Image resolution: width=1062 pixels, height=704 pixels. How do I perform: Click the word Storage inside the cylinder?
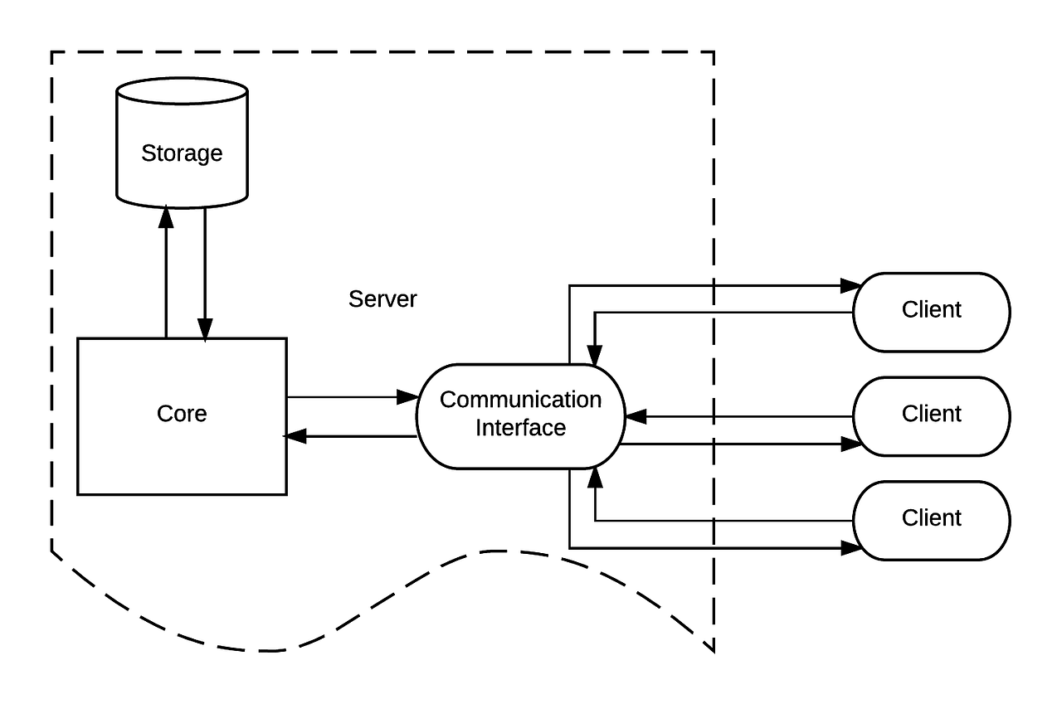[x=182, y=153]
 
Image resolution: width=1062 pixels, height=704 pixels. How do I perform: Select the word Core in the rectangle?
[x=181, y=414]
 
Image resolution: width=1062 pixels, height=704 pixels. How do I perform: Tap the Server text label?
[x=382, y=299]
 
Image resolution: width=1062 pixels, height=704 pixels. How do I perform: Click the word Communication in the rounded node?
[x=520, y=400]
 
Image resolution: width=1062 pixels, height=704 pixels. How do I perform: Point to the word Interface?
[x=520, y=428]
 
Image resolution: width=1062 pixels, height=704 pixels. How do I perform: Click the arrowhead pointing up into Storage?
[x=166, y=216]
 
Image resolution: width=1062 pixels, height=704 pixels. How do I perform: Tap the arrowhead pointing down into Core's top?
[x=205, y=329]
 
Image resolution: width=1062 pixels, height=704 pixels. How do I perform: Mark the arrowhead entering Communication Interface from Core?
[x=407, y=397]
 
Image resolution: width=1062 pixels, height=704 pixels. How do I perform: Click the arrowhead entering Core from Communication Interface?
[x=296, y=435]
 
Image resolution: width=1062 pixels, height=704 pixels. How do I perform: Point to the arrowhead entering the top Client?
[x=851, y=286]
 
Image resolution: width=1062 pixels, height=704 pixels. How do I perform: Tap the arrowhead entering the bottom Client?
[x=851, y=547]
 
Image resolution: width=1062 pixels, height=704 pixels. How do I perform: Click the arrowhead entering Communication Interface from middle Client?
[x=636, y=416]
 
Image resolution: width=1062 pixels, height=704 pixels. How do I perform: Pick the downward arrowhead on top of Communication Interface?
[x=595, y=354]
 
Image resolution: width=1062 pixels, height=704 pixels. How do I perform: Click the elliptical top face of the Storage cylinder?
[x=182, y=91]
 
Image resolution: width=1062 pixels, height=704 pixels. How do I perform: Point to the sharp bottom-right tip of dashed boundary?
[x=713, y=650]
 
